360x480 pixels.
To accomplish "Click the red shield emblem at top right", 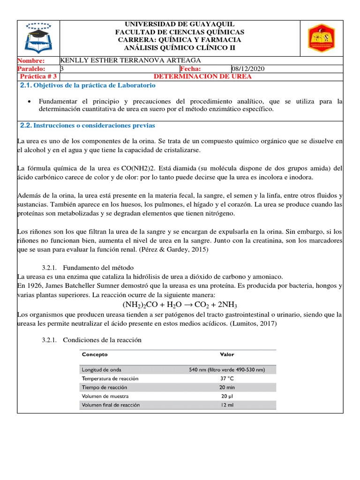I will coord(320,38).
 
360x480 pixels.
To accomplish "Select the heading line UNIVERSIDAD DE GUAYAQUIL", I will coord(180,24).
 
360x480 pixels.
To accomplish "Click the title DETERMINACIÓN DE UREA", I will coord(202,76).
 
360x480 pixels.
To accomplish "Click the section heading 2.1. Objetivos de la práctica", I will coord(88,86).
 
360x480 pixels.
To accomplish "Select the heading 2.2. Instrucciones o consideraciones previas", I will coord(88,126).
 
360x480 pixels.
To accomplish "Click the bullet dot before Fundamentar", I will coord(30,101).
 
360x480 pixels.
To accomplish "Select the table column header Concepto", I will coord(95,354).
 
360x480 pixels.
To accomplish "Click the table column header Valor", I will coord(227,354).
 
